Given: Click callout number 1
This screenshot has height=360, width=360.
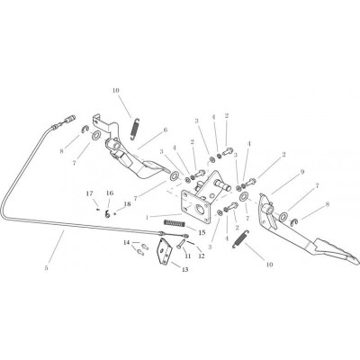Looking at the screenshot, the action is click(148, 217).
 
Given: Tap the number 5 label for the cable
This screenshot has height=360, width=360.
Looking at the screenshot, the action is click(46, 268).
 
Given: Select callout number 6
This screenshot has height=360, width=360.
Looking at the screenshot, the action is click(165, 130).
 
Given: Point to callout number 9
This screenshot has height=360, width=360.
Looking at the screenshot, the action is click(302, 172).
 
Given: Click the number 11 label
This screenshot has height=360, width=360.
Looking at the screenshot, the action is click(188, 256).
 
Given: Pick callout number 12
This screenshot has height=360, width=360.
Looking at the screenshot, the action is click(201, 256).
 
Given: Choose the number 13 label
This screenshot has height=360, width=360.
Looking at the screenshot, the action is click(184, 270).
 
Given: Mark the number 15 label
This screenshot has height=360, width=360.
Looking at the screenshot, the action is click(202, 232).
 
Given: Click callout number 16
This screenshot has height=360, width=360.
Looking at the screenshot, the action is click(110, 193).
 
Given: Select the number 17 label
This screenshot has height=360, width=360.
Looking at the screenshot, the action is click(90, 193).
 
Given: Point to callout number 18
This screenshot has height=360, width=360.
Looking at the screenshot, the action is click(128, 204).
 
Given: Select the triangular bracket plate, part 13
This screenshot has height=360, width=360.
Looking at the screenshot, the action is click(165, 251).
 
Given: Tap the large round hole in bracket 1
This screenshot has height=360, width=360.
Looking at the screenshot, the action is click(200, 209).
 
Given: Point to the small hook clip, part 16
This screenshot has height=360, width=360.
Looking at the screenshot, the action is click(107, 213).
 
